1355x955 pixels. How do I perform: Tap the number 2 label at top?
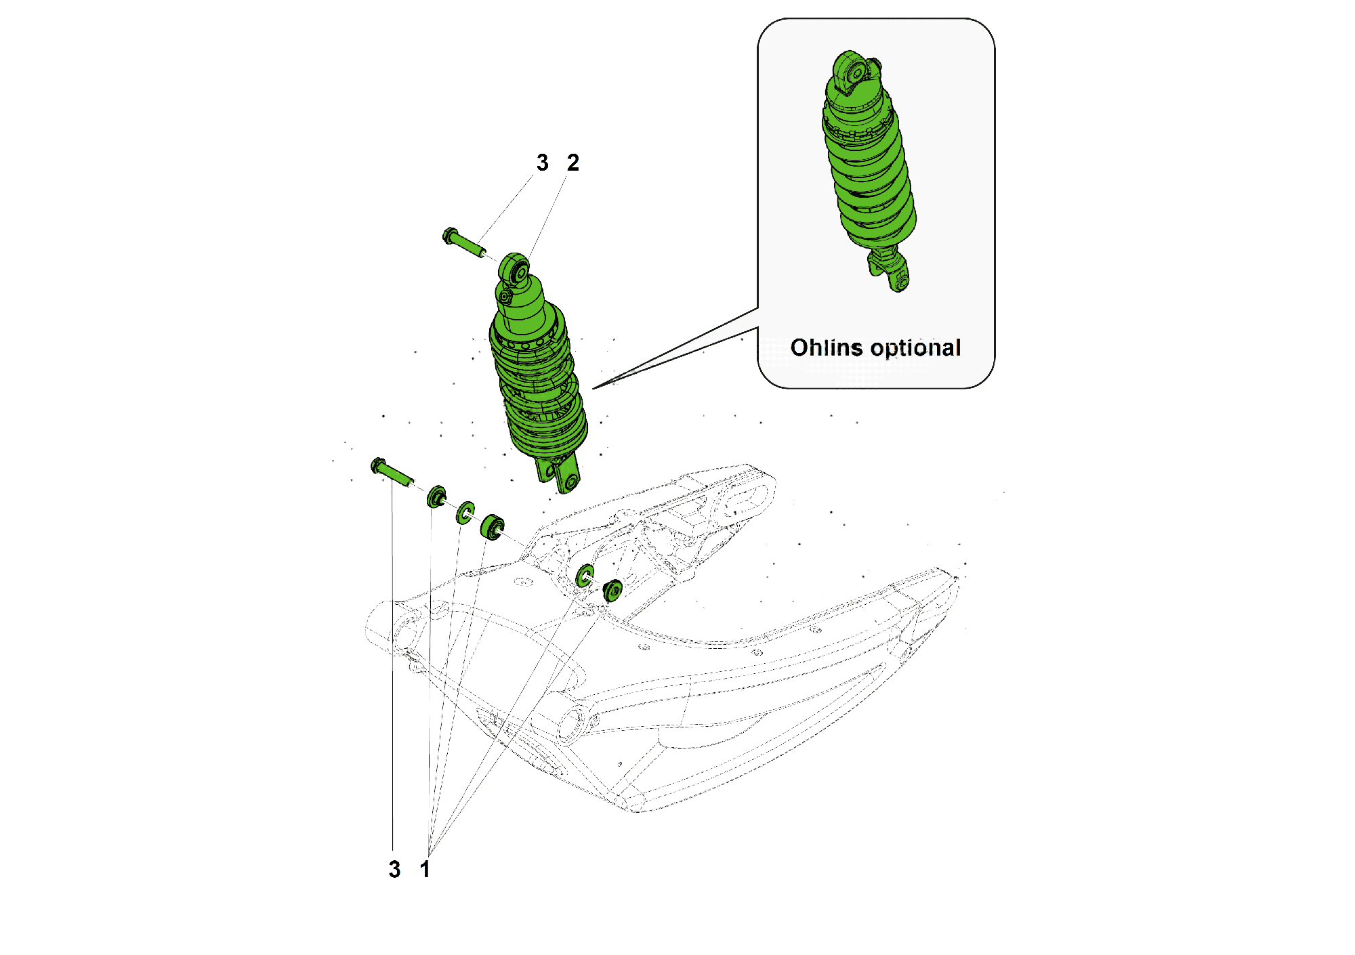pos(572,163)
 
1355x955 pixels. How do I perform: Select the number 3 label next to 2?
pos(542,163)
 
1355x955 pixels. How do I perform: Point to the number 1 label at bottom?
pos(425,869)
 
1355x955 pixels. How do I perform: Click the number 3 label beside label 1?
pos(394,869)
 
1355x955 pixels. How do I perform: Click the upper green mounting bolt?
pos(463,243)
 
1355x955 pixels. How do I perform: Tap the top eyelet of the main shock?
pos(515,270)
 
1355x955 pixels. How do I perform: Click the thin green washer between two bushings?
pos(465,513)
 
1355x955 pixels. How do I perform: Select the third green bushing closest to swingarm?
pos(492,527)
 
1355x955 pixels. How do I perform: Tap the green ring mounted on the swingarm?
pos(584,576)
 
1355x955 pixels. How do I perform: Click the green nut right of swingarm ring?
pos(612,590)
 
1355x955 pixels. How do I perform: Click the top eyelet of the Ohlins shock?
pos(852,68)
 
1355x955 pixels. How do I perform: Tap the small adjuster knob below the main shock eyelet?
pos(503,296)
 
